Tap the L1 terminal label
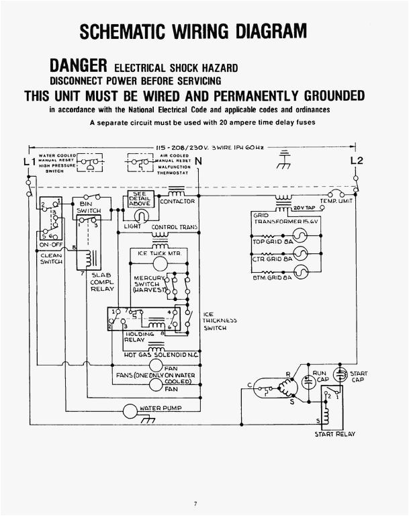coord(28,162)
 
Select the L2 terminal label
coord(357,161)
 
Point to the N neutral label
coord(199,162)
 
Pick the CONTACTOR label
coord(178,201)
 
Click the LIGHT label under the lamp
coord(132,227)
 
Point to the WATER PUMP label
coord(160,409)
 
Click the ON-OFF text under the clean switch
coord(46,244)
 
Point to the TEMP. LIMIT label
coord(337,201)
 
